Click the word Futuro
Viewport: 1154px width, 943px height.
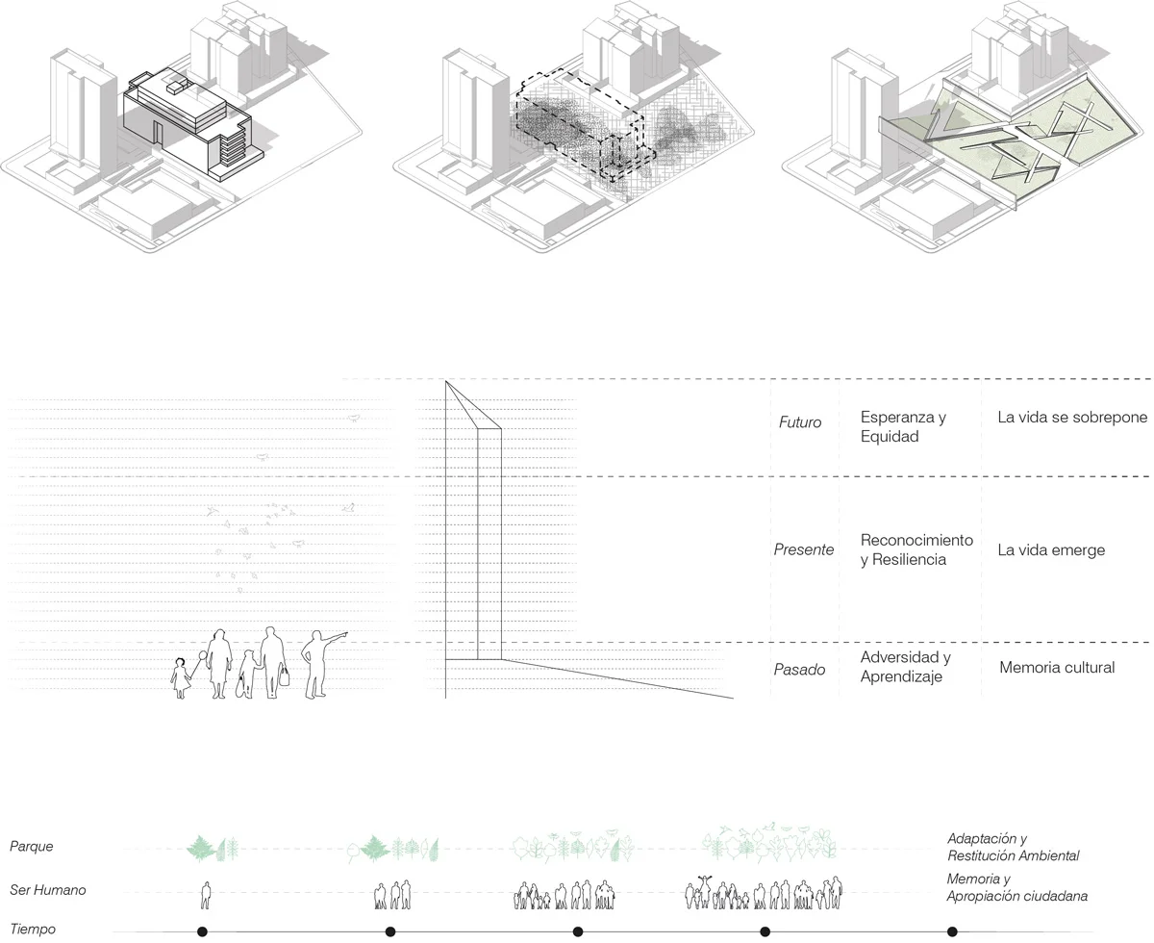tap(799, 421)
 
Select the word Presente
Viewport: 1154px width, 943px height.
tap(803, 550)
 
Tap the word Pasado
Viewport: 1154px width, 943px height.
tap(799, 670)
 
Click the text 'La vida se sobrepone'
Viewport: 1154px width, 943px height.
tap(1072, 418)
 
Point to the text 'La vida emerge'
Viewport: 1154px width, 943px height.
tap(1051, 550)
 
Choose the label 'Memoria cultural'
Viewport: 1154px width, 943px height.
tap(1057, 667)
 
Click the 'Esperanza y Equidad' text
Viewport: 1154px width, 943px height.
tap(903, 426)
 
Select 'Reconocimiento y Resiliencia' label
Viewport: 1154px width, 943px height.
tap(916, 549)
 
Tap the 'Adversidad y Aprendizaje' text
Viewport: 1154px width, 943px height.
tap(905, 667)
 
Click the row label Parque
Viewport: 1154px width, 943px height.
tap(32, 847)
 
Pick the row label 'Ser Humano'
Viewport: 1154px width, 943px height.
tap(47, 890)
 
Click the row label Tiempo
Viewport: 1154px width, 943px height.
tap(34, 929)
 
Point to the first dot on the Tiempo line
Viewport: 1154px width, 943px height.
tap(202, 931)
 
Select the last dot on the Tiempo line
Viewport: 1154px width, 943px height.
tap(952, 931)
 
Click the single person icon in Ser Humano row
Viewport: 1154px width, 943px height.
tap(205, 895)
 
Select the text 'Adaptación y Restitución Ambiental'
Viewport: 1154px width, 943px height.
tap(1013, 847)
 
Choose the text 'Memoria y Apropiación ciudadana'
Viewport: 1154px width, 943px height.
tap(1016, 887)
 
